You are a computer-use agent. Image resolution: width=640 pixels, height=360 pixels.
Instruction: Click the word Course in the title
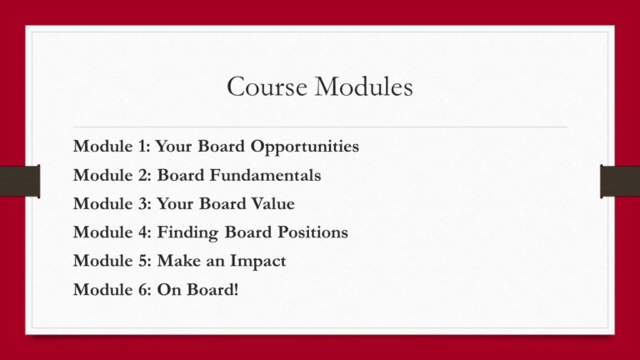click(267, 87)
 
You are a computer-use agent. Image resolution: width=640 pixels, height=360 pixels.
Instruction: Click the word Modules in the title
click(363, 87)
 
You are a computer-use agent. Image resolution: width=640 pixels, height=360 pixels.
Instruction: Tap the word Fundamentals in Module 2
click(265, 175)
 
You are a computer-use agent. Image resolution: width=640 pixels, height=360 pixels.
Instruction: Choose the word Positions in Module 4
click(313, 232)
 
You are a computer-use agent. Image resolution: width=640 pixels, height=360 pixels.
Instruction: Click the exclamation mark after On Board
click(236, 289)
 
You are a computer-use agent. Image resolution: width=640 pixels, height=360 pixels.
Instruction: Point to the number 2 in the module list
click(142, 175)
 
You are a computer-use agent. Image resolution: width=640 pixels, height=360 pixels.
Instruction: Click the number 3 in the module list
click(142, 203)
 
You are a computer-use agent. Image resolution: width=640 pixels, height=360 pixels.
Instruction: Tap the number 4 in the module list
click(142, 232)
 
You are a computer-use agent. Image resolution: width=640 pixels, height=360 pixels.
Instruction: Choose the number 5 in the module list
click(142, 261)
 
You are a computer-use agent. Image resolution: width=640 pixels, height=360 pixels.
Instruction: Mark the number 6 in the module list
click(142, 289)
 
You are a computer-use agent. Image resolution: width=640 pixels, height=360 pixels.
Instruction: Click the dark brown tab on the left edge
click(20, 181)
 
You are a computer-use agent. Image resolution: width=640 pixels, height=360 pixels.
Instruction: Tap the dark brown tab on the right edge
click(620, 181)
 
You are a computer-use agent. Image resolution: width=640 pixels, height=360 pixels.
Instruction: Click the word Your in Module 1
click(173, 147)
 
